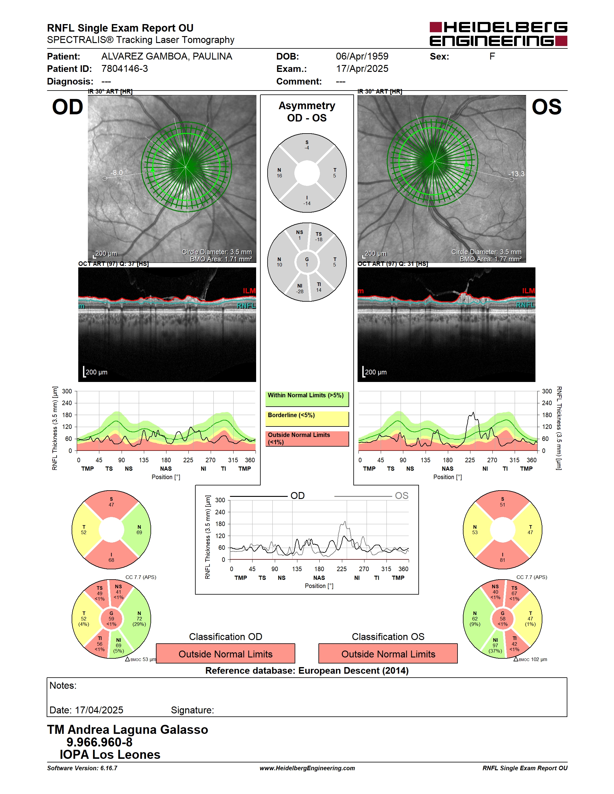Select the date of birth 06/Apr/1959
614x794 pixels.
click(362, 56)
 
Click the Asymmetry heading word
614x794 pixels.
click(307, 106)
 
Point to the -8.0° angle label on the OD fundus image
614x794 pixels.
click(119, 172)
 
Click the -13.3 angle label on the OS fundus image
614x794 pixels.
click(516, 174)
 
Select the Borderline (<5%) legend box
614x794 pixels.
click(307, 418)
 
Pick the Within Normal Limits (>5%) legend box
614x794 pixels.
click(307, 399)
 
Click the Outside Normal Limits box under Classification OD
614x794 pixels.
click(225, 654)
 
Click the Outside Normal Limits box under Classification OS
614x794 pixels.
click(388, 654)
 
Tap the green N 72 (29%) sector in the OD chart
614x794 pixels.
click(138, 618)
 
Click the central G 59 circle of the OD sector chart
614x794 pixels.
click(111, 618)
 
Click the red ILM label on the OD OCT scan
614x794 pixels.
click(249, 291)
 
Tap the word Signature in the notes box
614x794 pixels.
click(192, 710)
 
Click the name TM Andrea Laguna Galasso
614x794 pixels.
click(127, 729)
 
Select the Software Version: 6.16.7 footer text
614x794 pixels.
click(82, 768)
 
